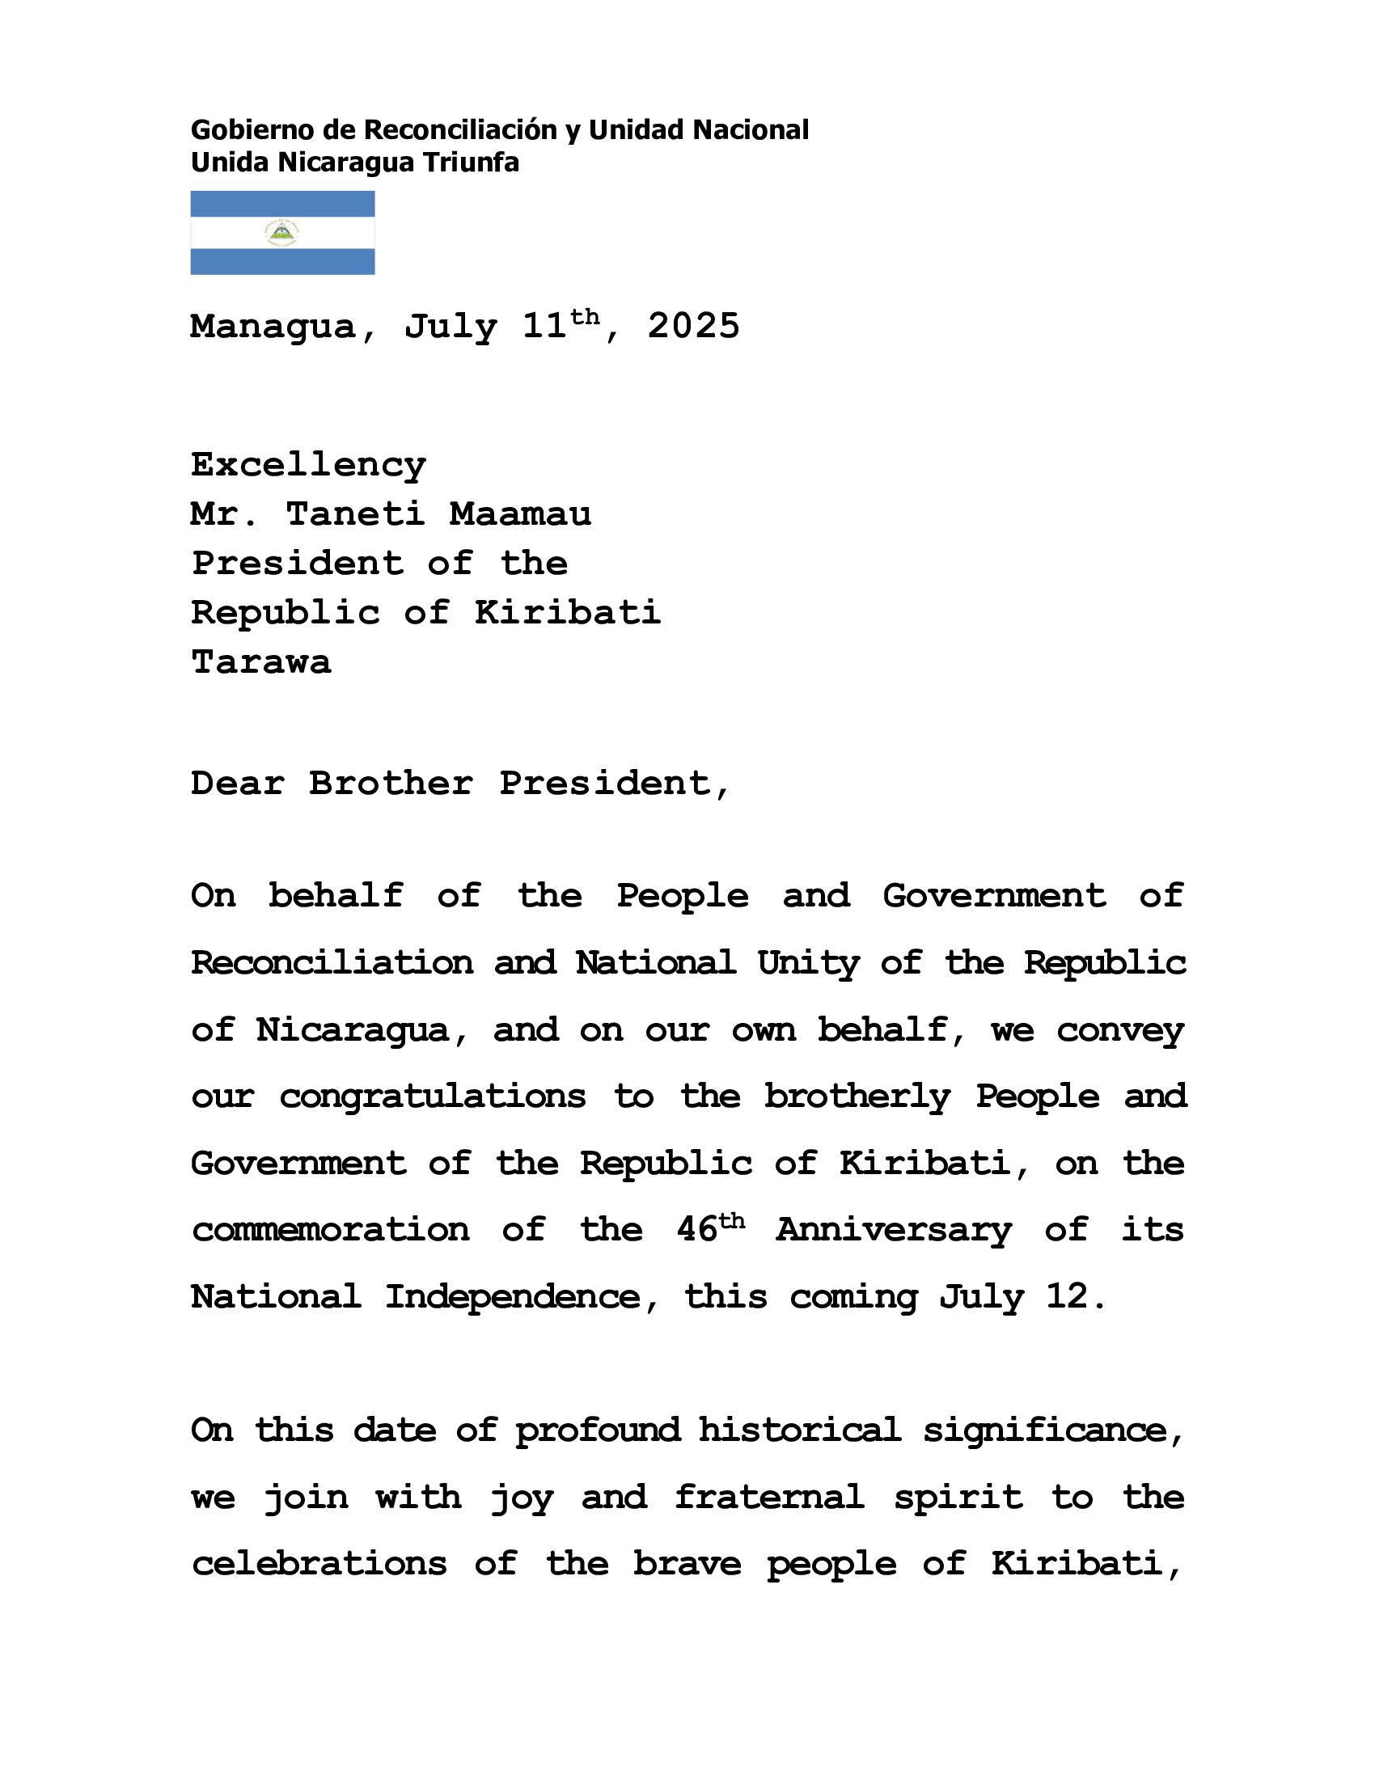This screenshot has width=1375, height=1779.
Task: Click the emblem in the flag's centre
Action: pyautogui.click(x=281, y=233)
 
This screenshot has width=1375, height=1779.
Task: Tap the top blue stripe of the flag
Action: pyautogui.click(x=281, y=204)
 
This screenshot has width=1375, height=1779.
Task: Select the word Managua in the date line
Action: pyautogui.click(x=273, y=327)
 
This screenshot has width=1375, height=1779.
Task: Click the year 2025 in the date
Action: pyautogui.click(x=693, y=327)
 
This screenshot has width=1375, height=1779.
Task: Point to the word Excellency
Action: pyautogui.click(x=308, y=465)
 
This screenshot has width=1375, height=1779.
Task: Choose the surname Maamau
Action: pyautogui.click(x=521, y=514)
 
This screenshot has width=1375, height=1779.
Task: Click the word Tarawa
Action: pyautogui.click(x=260, y=662)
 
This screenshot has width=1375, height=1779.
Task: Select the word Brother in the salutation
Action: pyautogui.click(x=391, y=784)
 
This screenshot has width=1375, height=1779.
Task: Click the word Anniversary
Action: pyautogui.click(x=894, y=1230)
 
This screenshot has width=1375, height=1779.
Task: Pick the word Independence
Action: pyautogui.click(x=513, y=1297)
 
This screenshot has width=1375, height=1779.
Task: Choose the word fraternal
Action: pyautogui.click(x=769, y=1497)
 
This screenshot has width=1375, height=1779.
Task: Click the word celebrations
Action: pyautogui.click(x=319, y=1564)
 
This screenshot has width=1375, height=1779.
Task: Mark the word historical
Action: pyautogui.click(x=800, y=1430)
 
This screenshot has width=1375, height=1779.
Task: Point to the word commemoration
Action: pyautogui.click(x=331, y=1230)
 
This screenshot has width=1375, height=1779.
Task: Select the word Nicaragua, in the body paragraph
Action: pyautogui.click(x=353, y=1030)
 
